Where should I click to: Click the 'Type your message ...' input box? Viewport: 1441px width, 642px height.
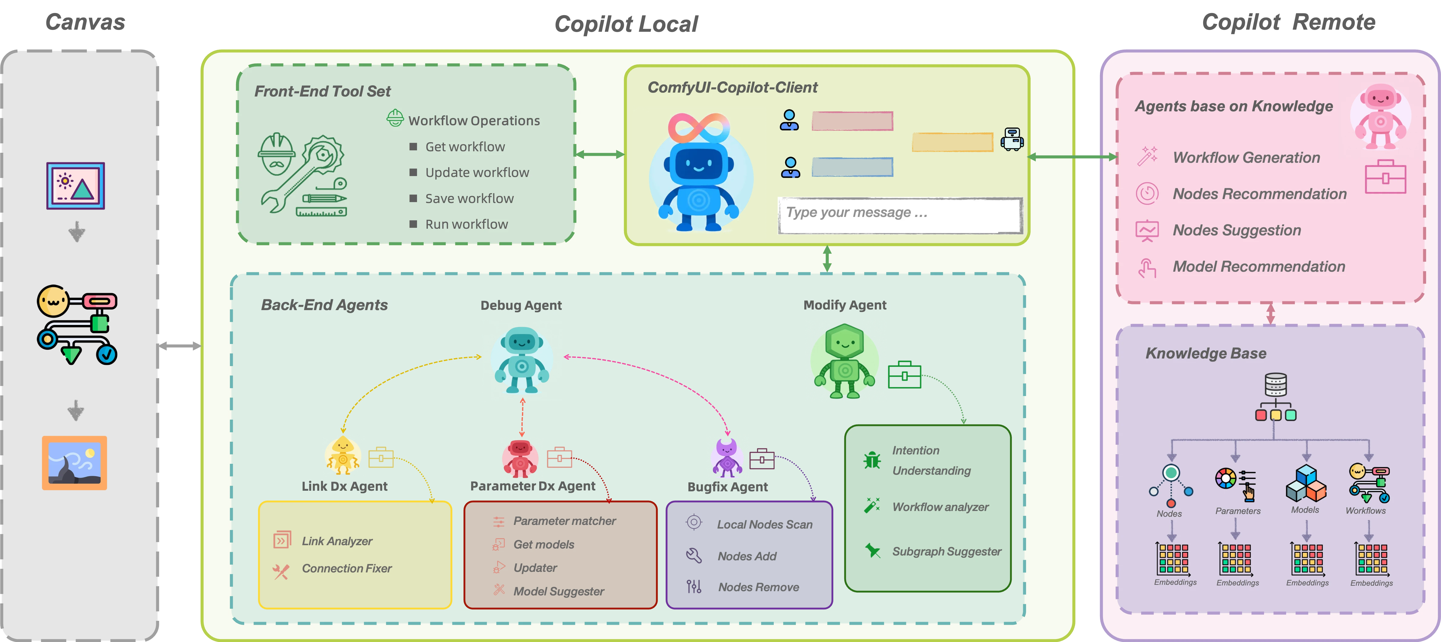pos(900,215)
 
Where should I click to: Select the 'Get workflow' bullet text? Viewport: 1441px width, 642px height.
pos(465,146)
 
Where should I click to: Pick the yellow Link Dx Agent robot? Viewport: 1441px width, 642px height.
pos(342,455)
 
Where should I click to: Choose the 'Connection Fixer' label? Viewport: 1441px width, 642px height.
pos(347,568)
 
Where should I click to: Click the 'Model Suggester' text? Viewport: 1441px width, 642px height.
pos(559,591)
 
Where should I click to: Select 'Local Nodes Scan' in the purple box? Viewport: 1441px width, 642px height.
pos(765,525)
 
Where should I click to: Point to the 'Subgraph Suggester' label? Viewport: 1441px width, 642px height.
pos(947,552)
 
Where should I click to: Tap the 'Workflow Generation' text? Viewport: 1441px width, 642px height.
pos(1246,158)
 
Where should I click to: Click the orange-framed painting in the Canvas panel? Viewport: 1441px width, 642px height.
pos(74,463)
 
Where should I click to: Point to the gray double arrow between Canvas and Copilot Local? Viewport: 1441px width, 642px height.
pos(179,346)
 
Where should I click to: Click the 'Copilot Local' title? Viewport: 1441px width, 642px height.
pos(626,24)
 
